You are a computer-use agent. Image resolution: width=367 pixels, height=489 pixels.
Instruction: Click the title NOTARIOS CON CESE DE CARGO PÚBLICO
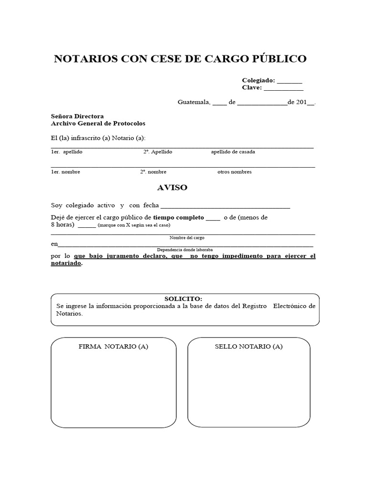point(180,59)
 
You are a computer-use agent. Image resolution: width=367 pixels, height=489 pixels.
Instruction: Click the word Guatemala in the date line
point(194,102)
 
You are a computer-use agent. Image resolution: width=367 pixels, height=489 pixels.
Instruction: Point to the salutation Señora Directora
point(77,116)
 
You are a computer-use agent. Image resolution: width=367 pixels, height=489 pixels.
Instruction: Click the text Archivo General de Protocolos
point(98,123)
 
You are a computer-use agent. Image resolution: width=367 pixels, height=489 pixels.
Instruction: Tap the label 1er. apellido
point(67,152)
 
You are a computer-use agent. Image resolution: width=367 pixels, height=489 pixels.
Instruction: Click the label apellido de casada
point(233,152)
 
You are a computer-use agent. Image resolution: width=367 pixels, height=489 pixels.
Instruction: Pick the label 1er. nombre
point(65,172)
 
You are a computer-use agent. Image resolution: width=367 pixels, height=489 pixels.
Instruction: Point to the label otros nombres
point(234,172)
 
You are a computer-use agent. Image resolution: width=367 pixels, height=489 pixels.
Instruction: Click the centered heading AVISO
point(172,188)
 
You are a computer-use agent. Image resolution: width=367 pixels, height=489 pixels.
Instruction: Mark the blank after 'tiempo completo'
point(213,219)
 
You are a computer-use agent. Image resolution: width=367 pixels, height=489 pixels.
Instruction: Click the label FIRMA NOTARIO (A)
point(113,347)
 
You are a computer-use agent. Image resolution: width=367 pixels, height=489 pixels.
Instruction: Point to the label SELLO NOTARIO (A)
point(248,347)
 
